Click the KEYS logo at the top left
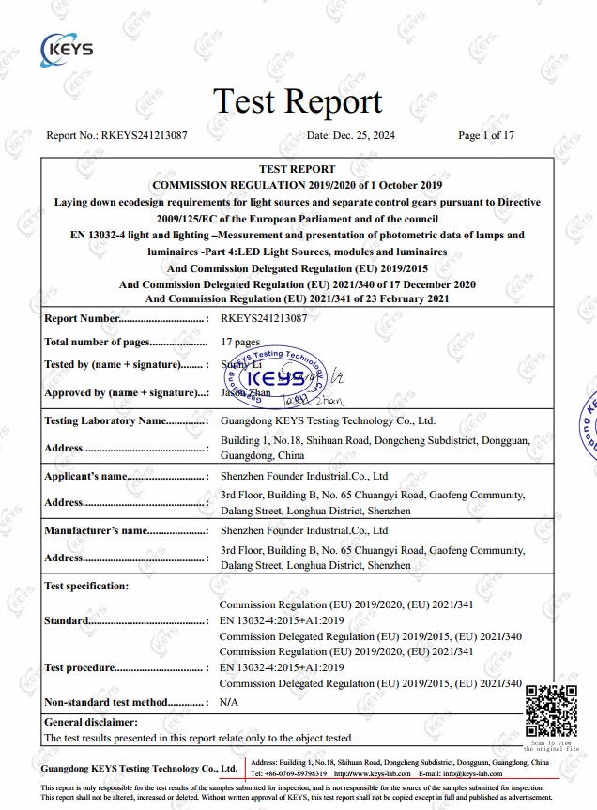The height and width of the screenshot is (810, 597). [x=68, y=46]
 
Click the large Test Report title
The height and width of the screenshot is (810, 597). [x=298, y=101]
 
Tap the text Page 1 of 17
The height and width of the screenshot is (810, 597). [x=486, y=135]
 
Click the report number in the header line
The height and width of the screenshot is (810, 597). [x=144, y=135]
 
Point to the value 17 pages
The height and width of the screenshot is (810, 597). [x=240, y=342]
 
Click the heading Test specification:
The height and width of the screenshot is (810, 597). [x=86, y=586]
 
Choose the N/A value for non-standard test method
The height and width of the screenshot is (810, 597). [x=228, y=702]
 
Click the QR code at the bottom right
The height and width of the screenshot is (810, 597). [x=551, y=713]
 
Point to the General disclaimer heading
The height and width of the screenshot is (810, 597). [x=90, y=722]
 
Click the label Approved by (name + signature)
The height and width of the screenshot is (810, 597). [x=126, y=393]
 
